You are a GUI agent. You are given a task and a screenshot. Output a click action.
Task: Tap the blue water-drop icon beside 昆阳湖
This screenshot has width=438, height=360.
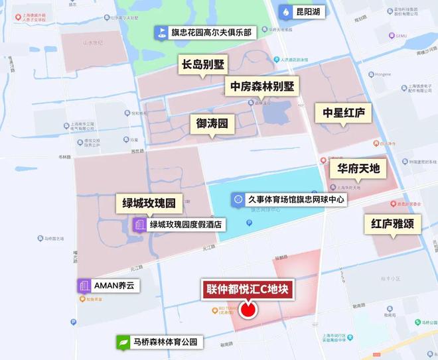[285, 12]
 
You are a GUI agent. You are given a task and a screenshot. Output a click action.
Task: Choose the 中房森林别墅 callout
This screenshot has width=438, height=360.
[261, 86]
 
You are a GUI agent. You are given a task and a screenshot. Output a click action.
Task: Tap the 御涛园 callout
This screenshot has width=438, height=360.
[212, 123]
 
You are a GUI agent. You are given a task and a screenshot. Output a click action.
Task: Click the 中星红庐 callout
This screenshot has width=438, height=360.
[343, 112]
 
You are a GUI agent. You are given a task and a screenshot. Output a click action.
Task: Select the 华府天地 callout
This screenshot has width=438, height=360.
[358, 168]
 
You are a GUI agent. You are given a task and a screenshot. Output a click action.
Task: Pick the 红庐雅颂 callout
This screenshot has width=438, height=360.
[392, 224]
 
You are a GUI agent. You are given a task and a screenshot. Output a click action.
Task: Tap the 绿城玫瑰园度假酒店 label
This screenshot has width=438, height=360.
[188, 225]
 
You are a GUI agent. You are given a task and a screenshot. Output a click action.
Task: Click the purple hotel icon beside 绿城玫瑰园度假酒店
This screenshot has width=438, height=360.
[139, 225]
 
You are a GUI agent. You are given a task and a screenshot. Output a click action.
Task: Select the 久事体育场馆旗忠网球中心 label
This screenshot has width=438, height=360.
[297, 199]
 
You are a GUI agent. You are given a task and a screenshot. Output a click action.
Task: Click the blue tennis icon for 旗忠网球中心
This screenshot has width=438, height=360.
[238, 199]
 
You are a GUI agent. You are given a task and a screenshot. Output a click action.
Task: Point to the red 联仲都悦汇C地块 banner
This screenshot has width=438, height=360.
[248, 289]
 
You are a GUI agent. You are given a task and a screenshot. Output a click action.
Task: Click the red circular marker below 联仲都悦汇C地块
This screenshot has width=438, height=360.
[248, 310]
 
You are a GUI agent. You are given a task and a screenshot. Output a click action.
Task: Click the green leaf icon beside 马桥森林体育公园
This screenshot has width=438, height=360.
[123, 343]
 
